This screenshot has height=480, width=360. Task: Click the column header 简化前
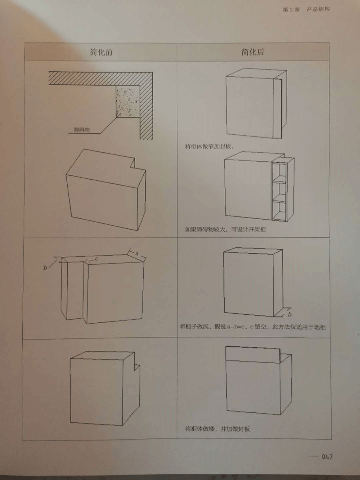(x=101, y=52)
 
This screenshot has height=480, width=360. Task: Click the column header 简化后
(x=253, y=52)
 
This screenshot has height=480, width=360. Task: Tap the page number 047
(x=327, y=457)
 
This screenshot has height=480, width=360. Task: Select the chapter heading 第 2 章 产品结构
(x=306, y=10)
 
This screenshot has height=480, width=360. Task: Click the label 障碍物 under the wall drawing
(x=82, y=130)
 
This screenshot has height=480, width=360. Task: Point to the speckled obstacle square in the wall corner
(x=128, y=101)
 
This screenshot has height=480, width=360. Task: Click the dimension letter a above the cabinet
(x=137, y=254)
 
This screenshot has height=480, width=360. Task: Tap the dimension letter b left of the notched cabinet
(x=45, y=268)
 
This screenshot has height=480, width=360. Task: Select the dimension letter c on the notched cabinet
(x=97, y=259)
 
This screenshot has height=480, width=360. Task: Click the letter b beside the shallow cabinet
(x=290, y=314)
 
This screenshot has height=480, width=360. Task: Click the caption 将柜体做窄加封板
(x=209, y=146)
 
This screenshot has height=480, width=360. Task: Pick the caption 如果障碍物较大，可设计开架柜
(x=225, y=229)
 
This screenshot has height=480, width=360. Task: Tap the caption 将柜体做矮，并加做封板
(x=217, y=429)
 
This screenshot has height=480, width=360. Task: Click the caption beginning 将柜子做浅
(x=252, y=327)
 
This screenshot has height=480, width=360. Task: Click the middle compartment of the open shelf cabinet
(x=279, y=189)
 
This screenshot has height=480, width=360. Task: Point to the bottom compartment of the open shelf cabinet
(x=279, y=210)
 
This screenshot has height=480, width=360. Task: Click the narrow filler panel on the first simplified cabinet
(x=277, y=108)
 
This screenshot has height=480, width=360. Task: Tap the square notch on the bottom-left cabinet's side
(x=137, y=367)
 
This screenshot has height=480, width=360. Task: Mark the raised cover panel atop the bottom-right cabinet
(x=253, y=355)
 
